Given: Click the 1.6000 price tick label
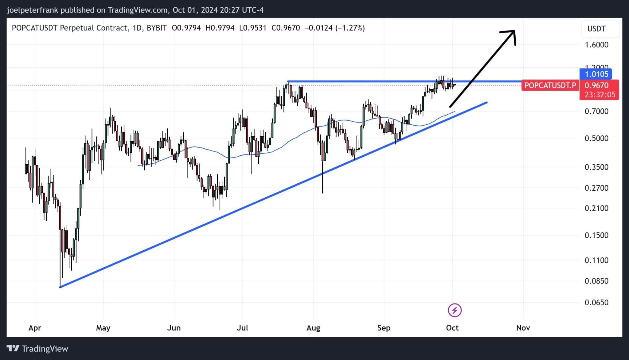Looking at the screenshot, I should tap(596, 45).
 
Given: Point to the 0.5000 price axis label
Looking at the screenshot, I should tap(596, 138).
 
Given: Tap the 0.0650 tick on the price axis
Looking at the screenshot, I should tap(596, 303).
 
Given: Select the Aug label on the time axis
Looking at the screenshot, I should tap(313, 328).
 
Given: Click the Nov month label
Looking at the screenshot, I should tap(523, 328).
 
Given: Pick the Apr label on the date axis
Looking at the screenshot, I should tap(35, 328).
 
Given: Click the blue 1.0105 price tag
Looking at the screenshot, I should tap(596, 74).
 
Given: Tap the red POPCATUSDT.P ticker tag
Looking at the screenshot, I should tap(550, 85).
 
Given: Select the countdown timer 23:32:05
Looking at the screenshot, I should tap(600, 95).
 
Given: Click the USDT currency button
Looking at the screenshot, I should tap(596, 29).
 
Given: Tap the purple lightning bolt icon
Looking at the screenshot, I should tap(455, 310).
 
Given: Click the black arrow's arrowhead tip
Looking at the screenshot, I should tap(514, 31).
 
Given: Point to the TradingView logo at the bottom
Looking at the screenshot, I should tap(37, 349).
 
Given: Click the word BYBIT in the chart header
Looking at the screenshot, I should tap(157, 28).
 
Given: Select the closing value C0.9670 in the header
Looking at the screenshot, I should tap(286, 28).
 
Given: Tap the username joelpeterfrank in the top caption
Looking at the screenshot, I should tap(32, 10).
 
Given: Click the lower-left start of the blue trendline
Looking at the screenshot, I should tap(60, 287).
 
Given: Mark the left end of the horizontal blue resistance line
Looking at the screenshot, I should tap(288, 82).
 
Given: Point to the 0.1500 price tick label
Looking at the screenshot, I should tap(596, 235).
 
